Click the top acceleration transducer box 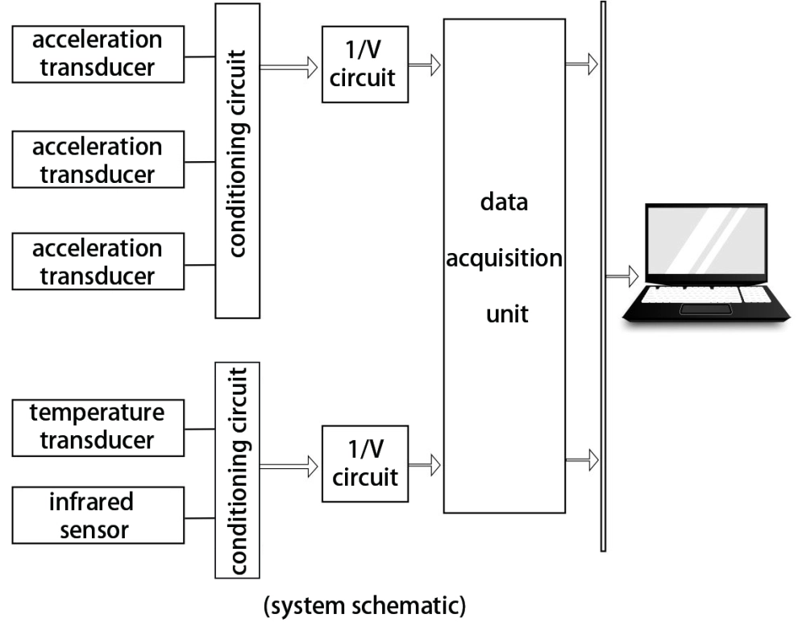[x=98, y=54]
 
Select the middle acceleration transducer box [x=98, y=160]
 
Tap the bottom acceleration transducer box [x=98, y=262]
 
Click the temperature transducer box [x=98, y=428]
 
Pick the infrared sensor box [x=98, y=516]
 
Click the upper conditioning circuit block [x=238, y=161]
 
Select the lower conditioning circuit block [x=238, y=470]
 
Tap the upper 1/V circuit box [x=365, y=64]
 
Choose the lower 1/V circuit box [x=365, y=464]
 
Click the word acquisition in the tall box [x=505, y=259]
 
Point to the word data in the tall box [x=505, y=202]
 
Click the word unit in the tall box [x=507, y=314]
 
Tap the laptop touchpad [x=706, y=309]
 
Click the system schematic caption [x=365, y=606]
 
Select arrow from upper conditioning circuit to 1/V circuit [x=289, y=67]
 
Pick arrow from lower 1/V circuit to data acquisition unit [x=425, y=464]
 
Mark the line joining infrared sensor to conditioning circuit [x=200, y=518]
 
